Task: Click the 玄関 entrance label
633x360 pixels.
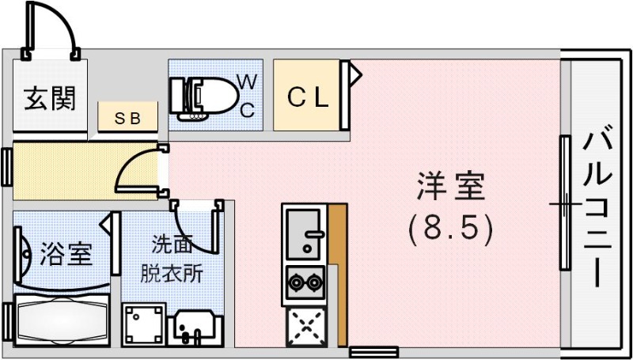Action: coord(49,99)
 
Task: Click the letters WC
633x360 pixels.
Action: coord(247,95)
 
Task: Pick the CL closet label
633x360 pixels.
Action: coord(308,98)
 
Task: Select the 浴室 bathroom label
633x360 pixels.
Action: coord(66,255)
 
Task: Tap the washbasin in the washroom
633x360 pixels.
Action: coord(192,326)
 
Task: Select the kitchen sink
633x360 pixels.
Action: coord(304,233)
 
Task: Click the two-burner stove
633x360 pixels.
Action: coord(305,280)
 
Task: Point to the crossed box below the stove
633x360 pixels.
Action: coord(305,324)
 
